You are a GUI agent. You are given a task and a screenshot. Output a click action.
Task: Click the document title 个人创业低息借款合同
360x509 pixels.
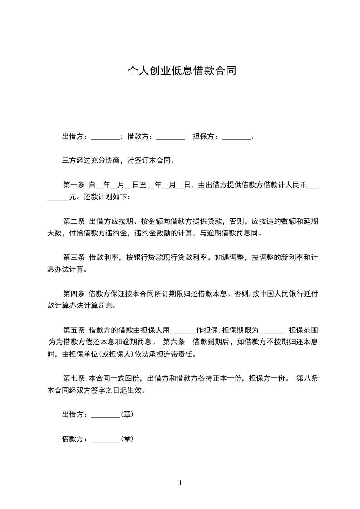coord(181,71)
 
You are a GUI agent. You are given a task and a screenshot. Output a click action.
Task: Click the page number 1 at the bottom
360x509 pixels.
coord(180,483)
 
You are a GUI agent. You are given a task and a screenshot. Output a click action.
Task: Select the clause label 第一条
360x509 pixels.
coord(74,185)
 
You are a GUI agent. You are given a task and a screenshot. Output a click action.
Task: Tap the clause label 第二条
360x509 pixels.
coord(74,221)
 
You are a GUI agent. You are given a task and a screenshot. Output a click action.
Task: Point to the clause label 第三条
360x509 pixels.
coord(74,258)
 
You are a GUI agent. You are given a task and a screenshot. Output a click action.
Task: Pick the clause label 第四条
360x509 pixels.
coord(74,294)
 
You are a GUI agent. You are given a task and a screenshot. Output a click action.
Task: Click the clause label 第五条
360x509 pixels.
coord(74,330)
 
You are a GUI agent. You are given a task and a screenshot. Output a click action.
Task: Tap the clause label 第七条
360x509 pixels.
coord(74,378)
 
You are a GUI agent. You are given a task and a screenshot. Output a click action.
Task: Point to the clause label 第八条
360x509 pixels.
coord(307,378)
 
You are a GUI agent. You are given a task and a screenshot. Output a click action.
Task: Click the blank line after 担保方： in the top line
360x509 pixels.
coord(236,137)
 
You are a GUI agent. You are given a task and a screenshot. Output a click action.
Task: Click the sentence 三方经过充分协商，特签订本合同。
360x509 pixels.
coord(118,161)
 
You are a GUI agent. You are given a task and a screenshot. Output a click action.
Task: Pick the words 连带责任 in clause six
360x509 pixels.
coord(181,354)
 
